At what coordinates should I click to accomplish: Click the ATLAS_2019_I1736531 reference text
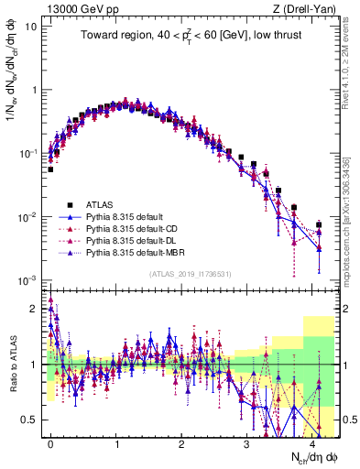[187, 272]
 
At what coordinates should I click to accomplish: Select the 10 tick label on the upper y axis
[30, 26]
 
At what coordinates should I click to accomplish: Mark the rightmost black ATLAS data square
[319, 224]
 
